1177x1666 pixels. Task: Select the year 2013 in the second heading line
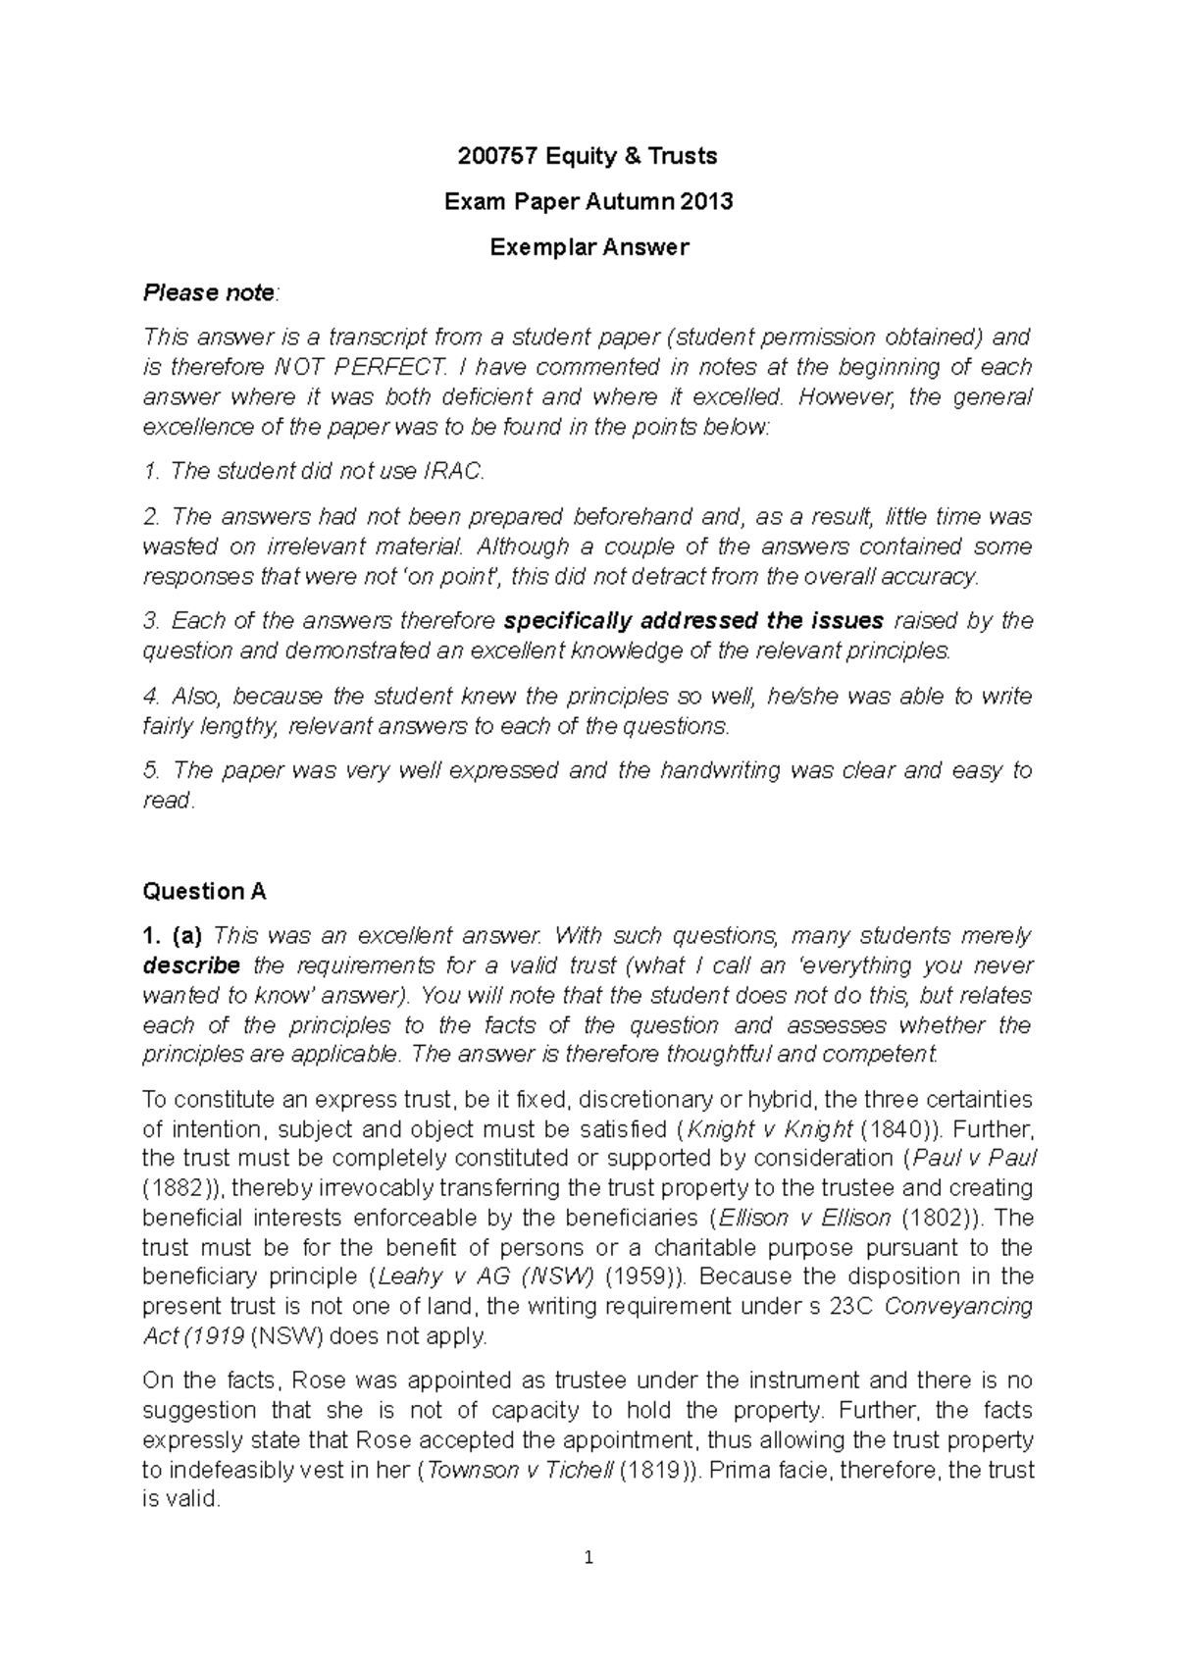tap(707, 202)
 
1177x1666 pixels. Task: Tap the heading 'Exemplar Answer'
tap(588, 247)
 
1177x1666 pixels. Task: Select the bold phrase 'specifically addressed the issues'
tap(693, 621)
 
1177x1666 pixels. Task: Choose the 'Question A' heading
tap(204, 891)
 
